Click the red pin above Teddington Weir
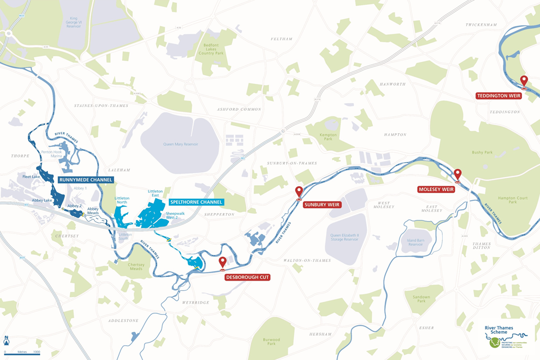(x=524, y=82)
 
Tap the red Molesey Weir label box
(x=436, y=189)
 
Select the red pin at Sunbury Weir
(x=299, y=192)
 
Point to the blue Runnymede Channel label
(x=86, y=180)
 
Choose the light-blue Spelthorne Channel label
(x=196, y=201)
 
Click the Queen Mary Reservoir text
(x=184, y=144)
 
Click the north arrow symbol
(x=6, y=340)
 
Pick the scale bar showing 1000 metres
(x=21, y=349)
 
